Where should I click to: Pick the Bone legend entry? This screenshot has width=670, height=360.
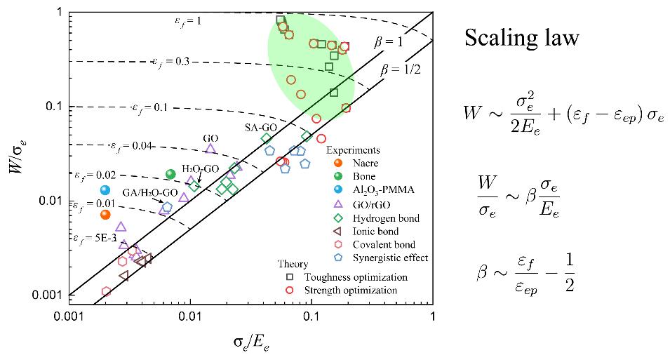[x=361, y=176]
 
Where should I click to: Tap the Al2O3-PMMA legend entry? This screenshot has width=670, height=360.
[x=375, y=190]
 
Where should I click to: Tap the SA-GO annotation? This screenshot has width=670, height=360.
[x=258, y=128]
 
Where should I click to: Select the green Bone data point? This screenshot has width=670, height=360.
[x=170, y=174]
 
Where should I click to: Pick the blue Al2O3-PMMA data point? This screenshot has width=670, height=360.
[x=105, y=190]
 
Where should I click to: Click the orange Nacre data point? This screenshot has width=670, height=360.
[x=105, y=215]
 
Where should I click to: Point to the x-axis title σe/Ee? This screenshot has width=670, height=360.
[x=252, y=343]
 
